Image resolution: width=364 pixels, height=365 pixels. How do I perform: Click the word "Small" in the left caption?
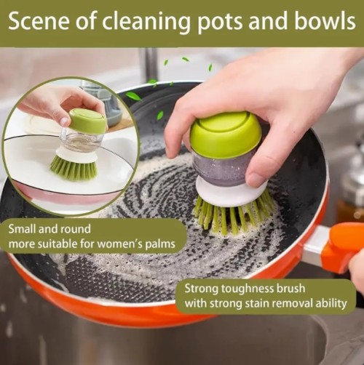click(x=22, y=228)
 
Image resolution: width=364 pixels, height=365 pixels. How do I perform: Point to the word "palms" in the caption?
click(x=160, y=244)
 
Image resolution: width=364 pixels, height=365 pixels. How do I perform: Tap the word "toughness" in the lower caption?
click(x=246, y=289)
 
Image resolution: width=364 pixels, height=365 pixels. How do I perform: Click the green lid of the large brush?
click(x=226, y=134)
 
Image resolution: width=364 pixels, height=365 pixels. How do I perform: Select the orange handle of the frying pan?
click(x=344, y=247)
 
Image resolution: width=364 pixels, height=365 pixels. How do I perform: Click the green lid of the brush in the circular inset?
click(x=88, y=121)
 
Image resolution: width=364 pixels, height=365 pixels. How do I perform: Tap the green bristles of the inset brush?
click(x=74, y=168)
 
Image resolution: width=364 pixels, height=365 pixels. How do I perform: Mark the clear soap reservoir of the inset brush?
click(x=81, y=140)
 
